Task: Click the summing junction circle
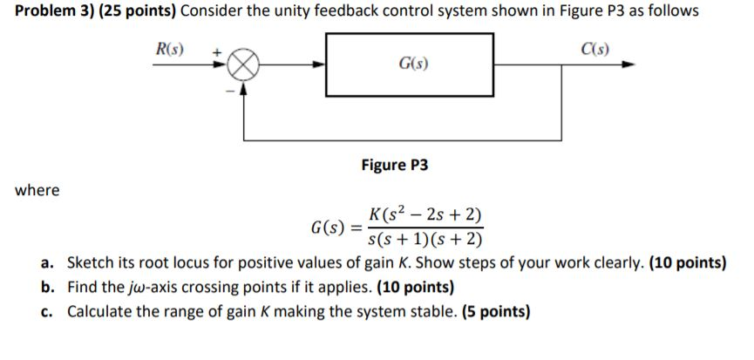[x=245, y=64]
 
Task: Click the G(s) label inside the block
[x=412, y=65]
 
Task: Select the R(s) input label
[x=167, y=45]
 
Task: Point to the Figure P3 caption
[x=395, y=165]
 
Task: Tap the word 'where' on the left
[x=37, y=190]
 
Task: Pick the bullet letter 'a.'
[x=48, y=265]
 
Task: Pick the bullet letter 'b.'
[x=48, y=288]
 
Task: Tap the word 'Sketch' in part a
[x=89, y=265]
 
